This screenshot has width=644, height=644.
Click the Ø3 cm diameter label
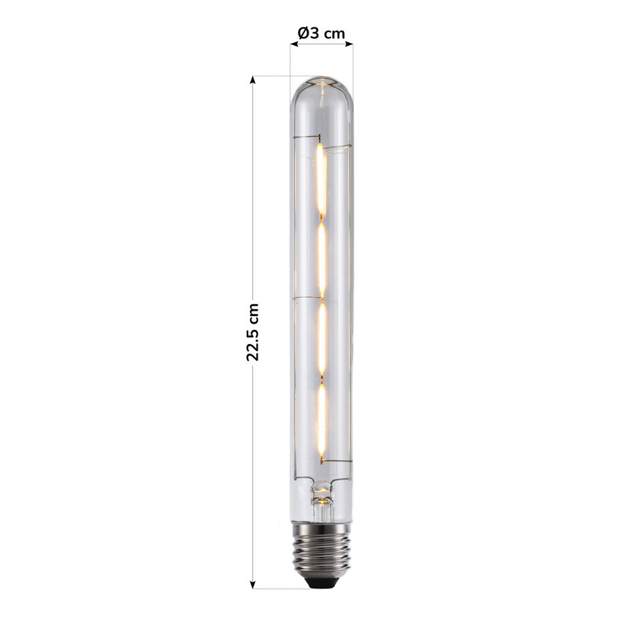point(321,33)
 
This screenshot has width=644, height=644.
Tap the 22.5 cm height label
point(253,332)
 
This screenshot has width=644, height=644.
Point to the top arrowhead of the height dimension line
point(253,80)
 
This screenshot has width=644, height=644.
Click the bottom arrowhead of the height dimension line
point(253,584)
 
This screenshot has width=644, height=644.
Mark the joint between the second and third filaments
point(321,298)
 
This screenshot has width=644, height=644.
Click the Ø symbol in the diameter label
point(303,33)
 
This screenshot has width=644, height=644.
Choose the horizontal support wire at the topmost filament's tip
point(335,147)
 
